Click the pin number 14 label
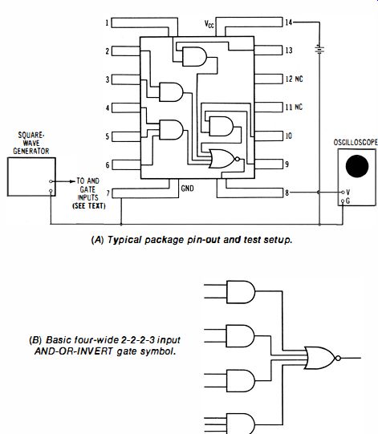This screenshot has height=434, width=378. click(289, 22)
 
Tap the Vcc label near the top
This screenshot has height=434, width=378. click(209, 24)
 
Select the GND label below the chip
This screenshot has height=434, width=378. click(187, 189)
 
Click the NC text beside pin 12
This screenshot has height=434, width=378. click(299, 79)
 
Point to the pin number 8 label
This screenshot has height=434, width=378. click(287, 193)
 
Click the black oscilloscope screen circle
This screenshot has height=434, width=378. click(357, 166)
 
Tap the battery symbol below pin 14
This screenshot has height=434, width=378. click(319, 50)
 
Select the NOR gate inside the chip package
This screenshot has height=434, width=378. click(224, 159)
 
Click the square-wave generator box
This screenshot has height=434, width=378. click(31, 176)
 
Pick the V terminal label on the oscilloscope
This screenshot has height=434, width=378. click(348, 192)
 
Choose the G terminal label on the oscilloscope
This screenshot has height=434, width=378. click(348, 201)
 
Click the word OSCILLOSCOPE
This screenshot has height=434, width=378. click(356, 142)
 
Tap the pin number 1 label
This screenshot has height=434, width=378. click(107, 22)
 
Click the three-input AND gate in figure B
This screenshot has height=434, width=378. click(241, 424)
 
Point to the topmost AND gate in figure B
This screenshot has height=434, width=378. click(241, 292)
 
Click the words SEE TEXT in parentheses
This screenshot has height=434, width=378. click(89, 206)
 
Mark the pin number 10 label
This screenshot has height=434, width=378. click(289, 136)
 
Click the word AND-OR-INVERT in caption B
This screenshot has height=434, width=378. click(74, 351)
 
